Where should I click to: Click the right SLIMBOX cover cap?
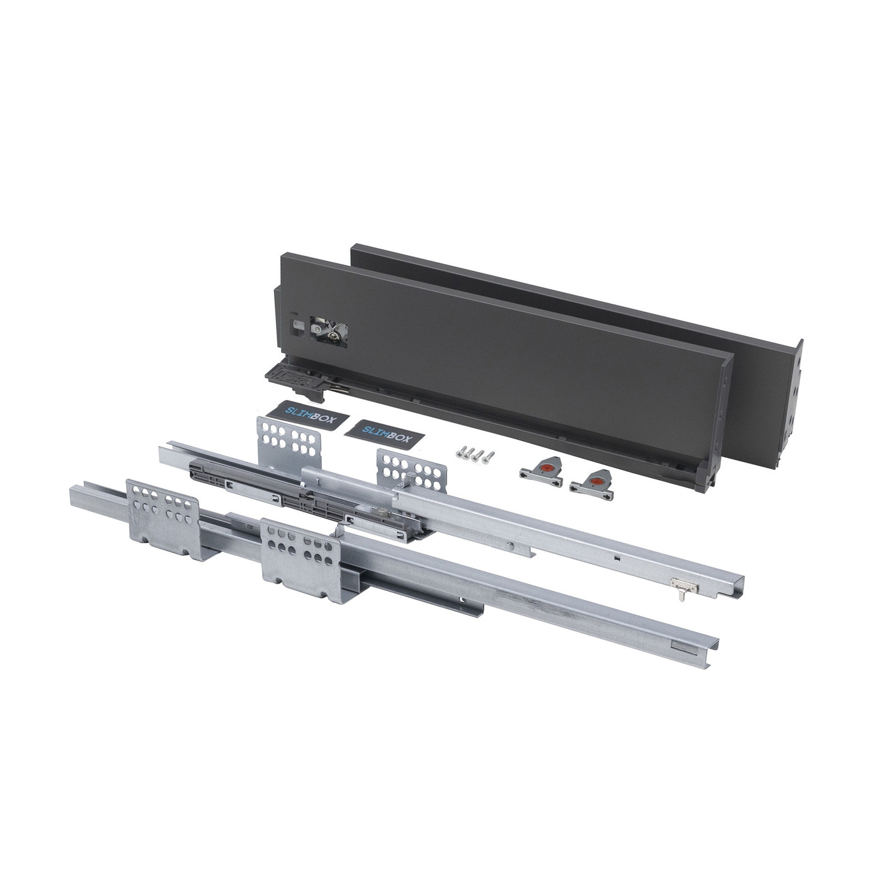[x=384, y=432]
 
